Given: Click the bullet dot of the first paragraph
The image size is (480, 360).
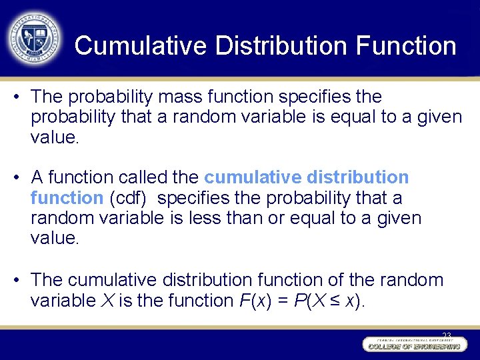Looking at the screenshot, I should tap(15, 97).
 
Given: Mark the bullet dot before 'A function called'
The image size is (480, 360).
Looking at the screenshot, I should tap(15, 177).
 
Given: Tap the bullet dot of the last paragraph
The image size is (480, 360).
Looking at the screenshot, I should tap(15, 280).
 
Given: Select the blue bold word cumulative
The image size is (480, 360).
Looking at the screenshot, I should tap(253, 177).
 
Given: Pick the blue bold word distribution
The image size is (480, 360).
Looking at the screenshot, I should tap(358, 177).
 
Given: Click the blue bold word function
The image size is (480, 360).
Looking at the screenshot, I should tap(67, 198).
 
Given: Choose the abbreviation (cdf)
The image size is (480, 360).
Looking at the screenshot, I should tap(129, 198).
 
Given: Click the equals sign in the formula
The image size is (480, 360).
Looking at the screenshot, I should tap(282, 301).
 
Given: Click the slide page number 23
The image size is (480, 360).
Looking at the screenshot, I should tap(446, 335).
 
